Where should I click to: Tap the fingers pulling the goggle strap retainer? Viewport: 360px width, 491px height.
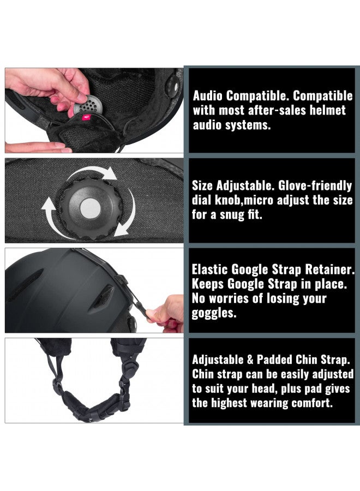[164, 313]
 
